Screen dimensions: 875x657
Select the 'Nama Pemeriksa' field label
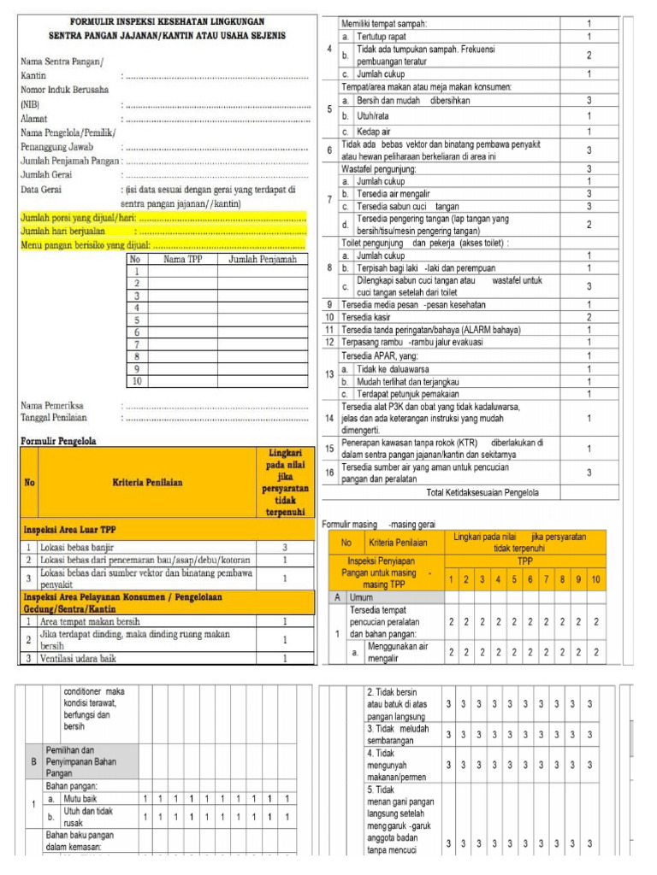(x=53, y=404)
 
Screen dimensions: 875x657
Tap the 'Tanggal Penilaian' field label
(x=57, y=417)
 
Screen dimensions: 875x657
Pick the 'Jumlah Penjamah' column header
(x=262, y=259)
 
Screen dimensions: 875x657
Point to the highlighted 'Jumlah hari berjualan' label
(x=62, y=230)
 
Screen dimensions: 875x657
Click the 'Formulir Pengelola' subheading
(x=57, y=441)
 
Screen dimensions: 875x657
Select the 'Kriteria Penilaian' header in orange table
(x=147, y=483)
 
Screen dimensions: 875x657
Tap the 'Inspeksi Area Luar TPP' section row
(x=70, y=530)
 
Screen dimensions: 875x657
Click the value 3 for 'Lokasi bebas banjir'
(x=284, y=547)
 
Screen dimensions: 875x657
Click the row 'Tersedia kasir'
(x=364, y=317)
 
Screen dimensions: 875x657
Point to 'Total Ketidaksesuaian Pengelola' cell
(x=482, y=492)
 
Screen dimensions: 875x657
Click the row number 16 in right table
(x=329, y=473)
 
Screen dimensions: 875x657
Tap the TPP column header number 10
(x=595, y=580)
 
